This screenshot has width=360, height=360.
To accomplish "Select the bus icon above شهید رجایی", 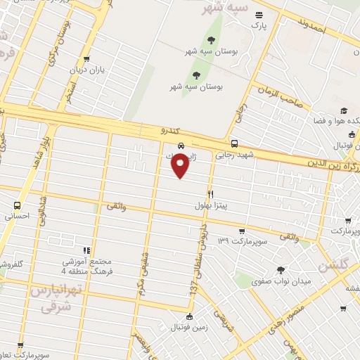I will [234, 143].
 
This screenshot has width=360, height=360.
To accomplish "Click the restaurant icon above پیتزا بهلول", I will [210, 193].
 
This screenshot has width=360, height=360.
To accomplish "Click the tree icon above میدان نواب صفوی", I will [281, 270].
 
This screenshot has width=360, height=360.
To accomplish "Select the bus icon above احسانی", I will [17, 205].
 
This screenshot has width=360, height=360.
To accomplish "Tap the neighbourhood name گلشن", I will [333, 266].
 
